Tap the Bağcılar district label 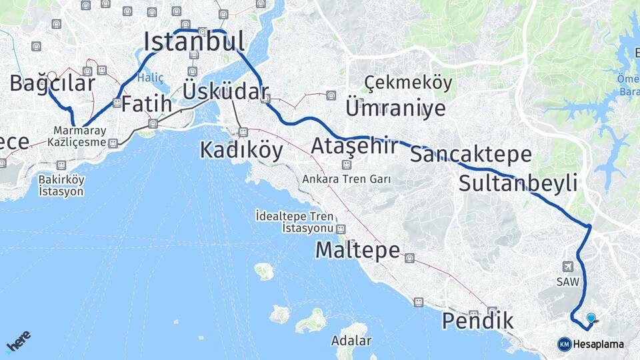[52, 83]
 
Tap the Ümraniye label [395, 107]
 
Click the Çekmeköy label [408, 83]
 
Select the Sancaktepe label [471, 155]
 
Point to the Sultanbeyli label [517, 183]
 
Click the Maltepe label [357, 251]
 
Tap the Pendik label [477, 321]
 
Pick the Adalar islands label [351, 341]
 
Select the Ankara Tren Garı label [346, 179]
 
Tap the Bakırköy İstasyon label [61, 185]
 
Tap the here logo [18, 342]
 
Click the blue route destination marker [591, 318]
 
